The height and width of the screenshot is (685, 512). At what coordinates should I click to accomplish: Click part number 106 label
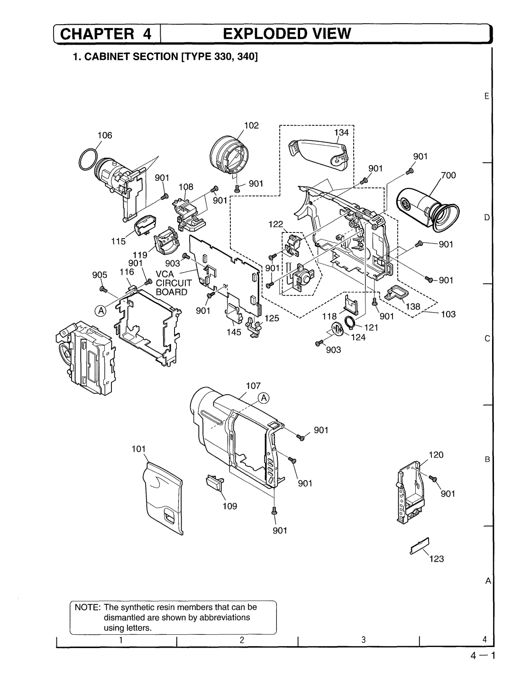(105, 135)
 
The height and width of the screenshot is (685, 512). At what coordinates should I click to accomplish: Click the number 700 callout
(448, 176)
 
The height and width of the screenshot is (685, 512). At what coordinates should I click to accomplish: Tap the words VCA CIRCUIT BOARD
(174, 283)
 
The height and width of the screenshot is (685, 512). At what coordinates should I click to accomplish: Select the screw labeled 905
(103, 289)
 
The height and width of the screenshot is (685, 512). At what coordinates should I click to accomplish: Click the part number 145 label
(234, 332)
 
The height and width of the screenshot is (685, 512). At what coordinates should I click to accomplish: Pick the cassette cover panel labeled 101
(163, 498)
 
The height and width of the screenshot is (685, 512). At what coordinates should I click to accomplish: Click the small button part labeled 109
(215, 482)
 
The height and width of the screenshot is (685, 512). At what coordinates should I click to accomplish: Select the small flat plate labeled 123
(420, 546)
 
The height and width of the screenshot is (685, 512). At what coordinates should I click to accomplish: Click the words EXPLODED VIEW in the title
(287, 33)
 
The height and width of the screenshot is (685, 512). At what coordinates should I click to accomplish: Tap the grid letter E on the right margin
(487, 96)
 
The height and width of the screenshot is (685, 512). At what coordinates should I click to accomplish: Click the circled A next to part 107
(264, 398)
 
